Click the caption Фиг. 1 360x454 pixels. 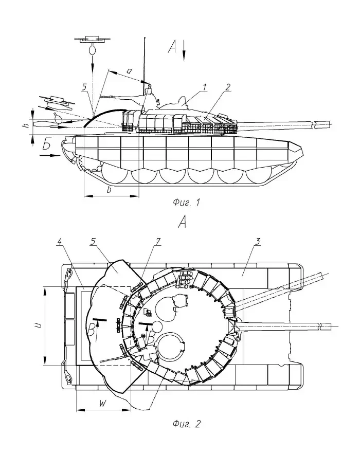(186, 203)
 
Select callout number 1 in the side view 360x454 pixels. (204, 88)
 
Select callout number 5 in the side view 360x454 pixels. (84, 88)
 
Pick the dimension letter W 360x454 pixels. (102, 404)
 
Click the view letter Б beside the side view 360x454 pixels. (47, 146)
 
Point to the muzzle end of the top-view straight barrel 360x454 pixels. (337, 325)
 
